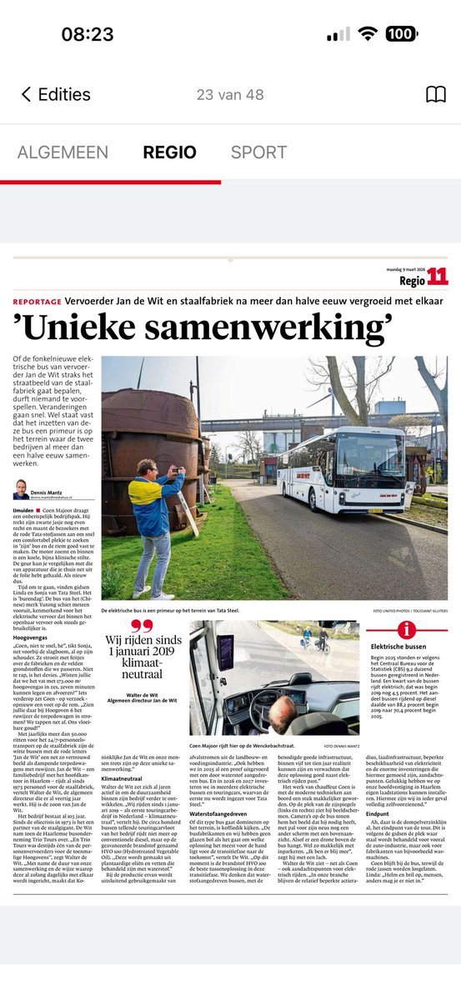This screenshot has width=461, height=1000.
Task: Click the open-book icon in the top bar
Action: (435, 95)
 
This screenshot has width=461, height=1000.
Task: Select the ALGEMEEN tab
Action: (63, 152)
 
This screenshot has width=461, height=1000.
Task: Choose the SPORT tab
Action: (258, 152)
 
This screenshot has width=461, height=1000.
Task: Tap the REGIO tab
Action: (169, 152)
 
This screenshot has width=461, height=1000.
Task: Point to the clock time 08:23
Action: (88, 34)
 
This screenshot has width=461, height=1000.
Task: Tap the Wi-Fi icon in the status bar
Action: (368, 34)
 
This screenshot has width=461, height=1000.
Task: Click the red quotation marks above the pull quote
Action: (143, 627)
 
